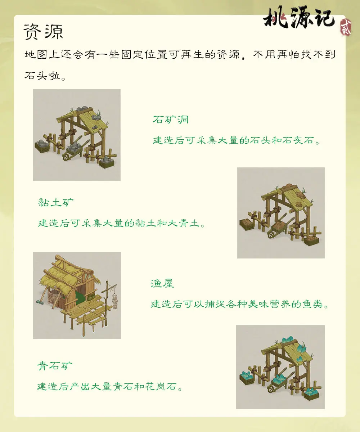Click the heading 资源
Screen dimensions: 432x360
[x=43, y=32]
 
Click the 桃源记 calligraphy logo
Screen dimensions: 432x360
[x=299, y=18]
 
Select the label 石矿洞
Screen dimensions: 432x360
[x=170, y=120]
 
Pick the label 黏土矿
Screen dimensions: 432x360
[x=56, y=202]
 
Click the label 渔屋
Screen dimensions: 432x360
[x=162, y=284]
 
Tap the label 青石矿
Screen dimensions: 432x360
[x=55, y=366]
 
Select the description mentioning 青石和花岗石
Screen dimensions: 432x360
[x=109, y=387]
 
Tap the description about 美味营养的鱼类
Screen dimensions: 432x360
[x=239, y=305]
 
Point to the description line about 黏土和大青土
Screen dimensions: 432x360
[x=122, y=224]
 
